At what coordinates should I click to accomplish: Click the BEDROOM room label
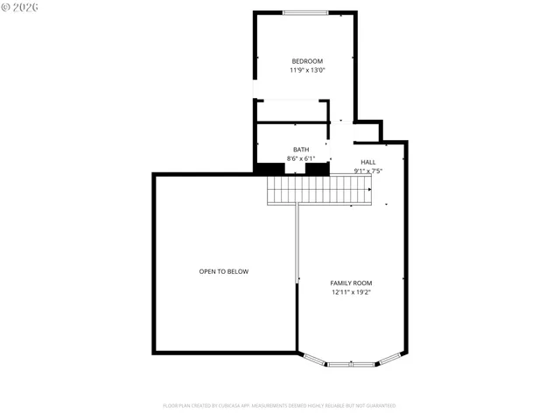307,61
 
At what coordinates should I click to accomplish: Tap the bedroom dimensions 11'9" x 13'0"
307,70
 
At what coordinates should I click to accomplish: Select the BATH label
301,150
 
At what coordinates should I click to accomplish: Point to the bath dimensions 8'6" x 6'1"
301,158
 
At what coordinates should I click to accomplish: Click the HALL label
368,163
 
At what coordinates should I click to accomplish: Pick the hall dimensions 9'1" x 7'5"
368,171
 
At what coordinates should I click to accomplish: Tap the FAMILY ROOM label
351,283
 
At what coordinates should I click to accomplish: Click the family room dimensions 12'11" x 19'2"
351,292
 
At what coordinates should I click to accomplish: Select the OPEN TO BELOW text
224,271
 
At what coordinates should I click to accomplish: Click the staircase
319,190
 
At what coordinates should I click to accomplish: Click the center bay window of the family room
352,362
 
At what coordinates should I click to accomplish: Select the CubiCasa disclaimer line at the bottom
279,405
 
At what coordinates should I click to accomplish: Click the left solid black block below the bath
269,169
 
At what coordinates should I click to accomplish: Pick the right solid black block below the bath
317,169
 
